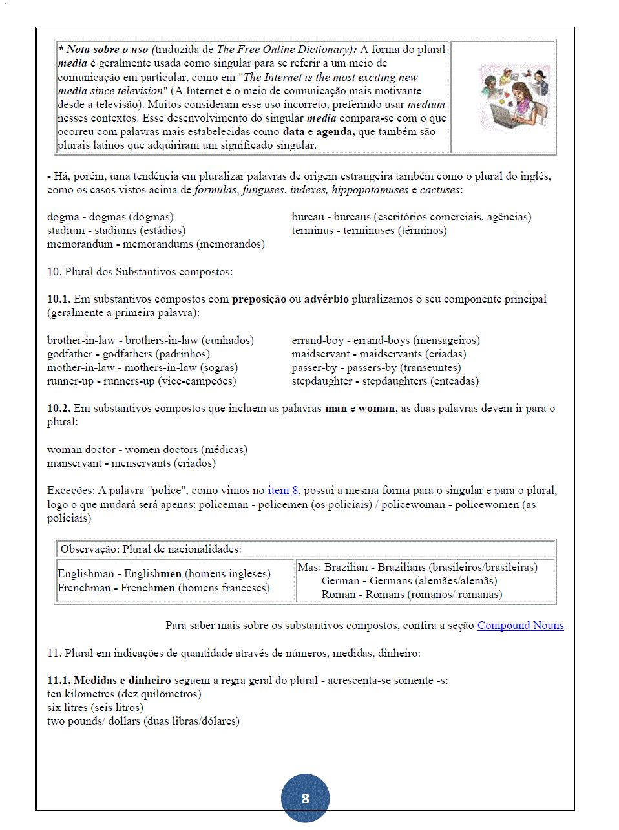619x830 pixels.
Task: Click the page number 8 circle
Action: click(305, 798)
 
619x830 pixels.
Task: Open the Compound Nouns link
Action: click(520, 625)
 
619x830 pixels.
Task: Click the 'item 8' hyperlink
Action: click(282, 490)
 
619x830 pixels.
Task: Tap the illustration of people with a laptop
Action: click(514, 97)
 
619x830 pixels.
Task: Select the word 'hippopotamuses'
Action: click(370, 189)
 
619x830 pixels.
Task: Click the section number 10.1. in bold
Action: click(59, 299)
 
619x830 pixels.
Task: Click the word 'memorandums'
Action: click(158, 244)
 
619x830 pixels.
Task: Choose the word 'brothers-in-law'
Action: click(162, 340)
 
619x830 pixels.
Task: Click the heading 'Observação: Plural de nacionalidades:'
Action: click(151, 549)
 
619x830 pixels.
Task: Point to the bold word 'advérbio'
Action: click(326, 299)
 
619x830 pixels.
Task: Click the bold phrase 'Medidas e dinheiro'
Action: click(122, 680)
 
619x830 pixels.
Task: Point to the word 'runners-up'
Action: click(129, 381)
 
